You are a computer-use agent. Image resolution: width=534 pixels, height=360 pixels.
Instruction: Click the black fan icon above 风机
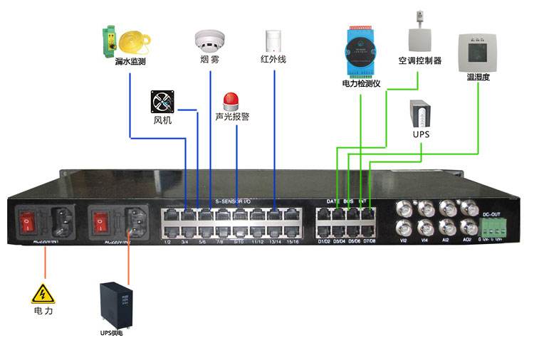[x=162, y=102]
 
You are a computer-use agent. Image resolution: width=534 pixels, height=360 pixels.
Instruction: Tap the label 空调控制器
[x=419, y=61]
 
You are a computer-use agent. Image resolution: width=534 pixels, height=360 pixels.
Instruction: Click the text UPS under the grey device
[x=422, y=134]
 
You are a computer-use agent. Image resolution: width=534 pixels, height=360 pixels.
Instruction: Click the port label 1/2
[x=168, y=242]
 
